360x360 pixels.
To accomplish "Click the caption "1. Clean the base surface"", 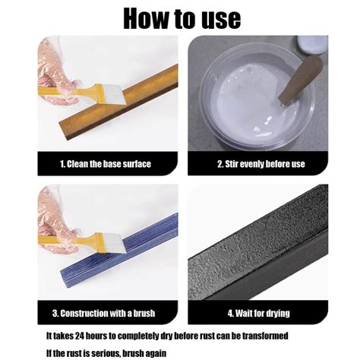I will pos(105,164).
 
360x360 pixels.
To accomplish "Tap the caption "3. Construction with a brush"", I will pos(105,312).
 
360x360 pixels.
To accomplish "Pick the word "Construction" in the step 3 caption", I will pos(96,312).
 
